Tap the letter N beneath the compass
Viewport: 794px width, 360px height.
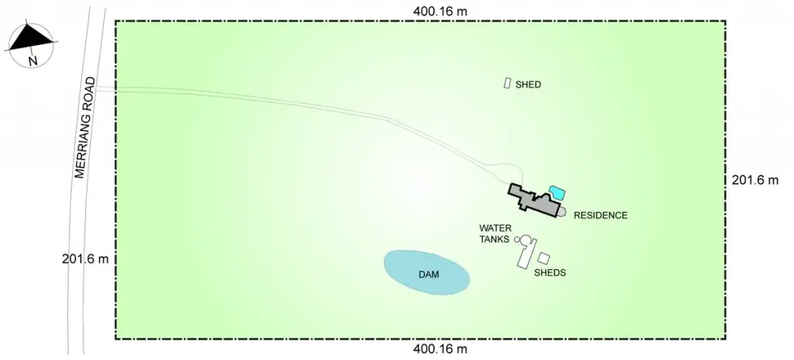pos(32,60)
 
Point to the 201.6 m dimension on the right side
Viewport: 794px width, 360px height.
pos(754,180)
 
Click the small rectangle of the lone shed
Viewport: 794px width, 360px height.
pos(507,83)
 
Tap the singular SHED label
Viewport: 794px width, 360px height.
pos(528,85)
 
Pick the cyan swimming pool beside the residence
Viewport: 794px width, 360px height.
pos(557,192)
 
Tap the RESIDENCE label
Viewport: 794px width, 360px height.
pos(600,215)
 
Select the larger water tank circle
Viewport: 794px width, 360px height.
pos(526,240)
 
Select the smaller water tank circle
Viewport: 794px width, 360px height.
pos(517,240)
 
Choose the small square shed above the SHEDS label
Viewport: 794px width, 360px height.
pos(544,258)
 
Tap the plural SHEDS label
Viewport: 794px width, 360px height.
pos(550,273)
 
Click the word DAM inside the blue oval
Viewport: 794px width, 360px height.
pos(429,275)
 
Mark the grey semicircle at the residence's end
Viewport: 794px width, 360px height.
pos(564,211)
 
